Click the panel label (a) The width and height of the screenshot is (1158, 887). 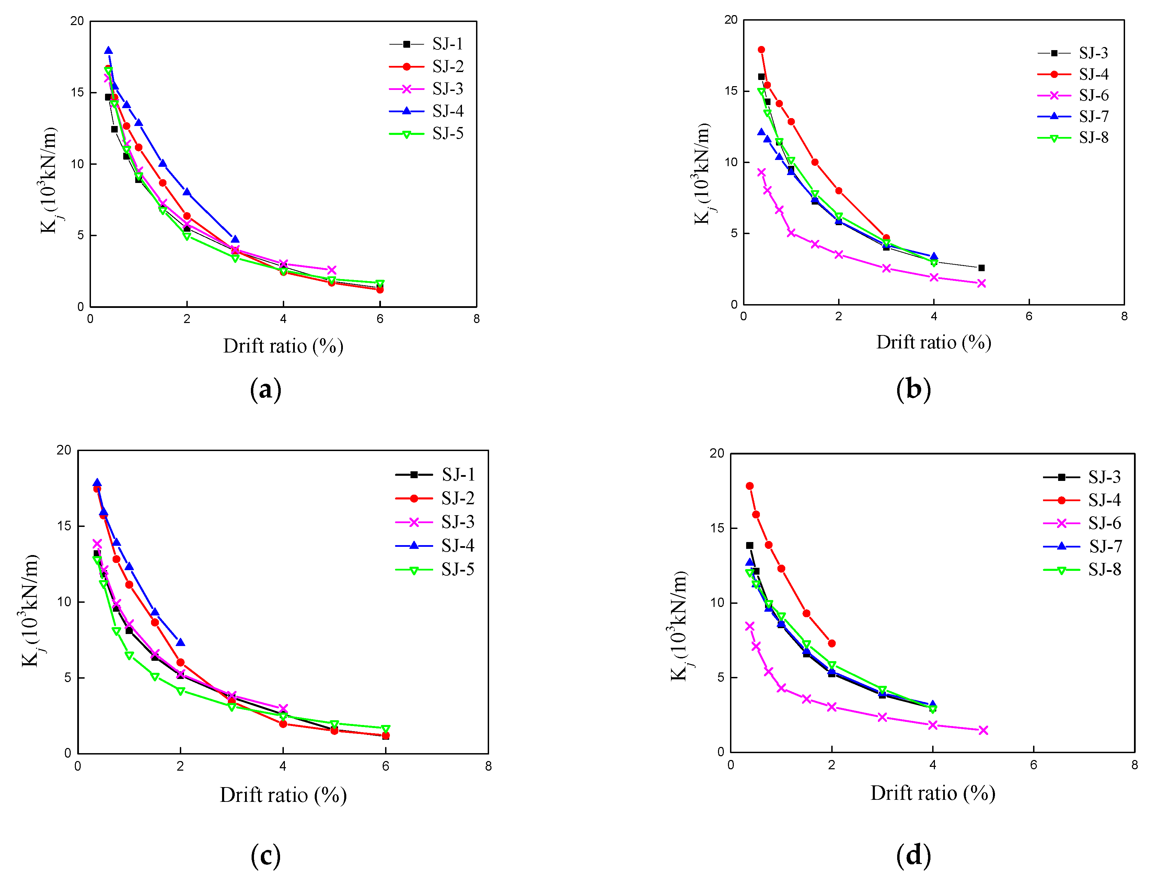(x=266, y=390)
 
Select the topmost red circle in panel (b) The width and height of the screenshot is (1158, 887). (x=761, y=50)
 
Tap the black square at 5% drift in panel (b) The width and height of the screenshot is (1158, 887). (x=981, y=268)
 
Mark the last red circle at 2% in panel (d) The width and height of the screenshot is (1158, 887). (x=832, y=643)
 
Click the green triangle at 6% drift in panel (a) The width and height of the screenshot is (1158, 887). (x=380, y=284)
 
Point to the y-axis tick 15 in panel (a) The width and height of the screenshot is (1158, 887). (x=77, y=92)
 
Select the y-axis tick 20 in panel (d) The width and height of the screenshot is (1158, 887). (x=717, y=453)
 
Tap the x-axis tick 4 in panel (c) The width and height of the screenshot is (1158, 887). (x=283, y=766)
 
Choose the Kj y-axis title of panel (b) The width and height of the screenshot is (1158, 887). (x=702, y=174)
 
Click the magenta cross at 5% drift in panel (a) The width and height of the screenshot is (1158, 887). (x=332, y=270)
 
